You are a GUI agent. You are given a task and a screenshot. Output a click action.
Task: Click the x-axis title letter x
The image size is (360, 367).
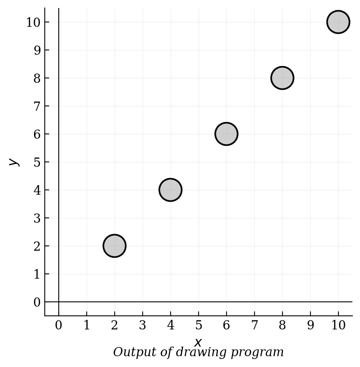pos(198,343)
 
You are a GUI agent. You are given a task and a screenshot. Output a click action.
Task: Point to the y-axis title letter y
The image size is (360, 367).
pos(14,162)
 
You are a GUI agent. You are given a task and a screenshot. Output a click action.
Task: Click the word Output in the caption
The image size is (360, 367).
pos(134,352)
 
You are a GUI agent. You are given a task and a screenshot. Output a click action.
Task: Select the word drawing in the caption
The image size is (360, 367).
pos(201,353)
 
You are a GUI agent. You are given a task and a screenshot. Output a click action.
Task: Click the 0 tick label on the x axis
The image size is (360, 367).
pos(58,325)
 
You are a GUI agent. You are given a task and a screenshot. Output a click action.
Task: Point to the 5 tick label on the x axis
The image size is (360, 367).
pos(199,325)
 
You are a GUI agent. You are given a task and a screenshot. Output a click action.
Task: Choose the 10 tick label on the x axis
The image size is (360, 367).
pos(338,325)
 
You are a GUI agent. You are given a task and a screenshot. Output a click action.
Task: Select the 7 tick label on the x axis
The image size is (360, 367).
pos(255,325)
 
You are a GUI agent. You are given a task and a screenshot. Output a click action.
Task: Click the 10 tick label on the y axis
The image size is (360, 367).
pos(34,23)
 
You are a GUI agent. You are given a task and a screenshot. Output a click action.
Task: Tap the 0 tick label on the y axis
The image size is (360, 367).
pos(37,302)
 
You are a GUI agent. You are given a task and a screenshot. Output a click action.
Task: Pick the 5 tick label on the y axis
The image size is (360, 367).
pos(37,162)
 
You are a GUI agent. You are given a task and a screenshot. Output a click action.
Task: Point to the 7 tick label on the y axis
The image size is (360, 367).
pos(37,106)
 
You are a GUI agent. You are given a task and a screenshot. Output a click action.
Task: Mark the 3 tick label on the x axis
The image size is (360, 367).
pos(143,325)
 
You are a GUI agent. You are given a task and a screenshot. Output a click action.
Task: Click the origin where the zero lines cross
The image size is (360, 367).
pos(59,302)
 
